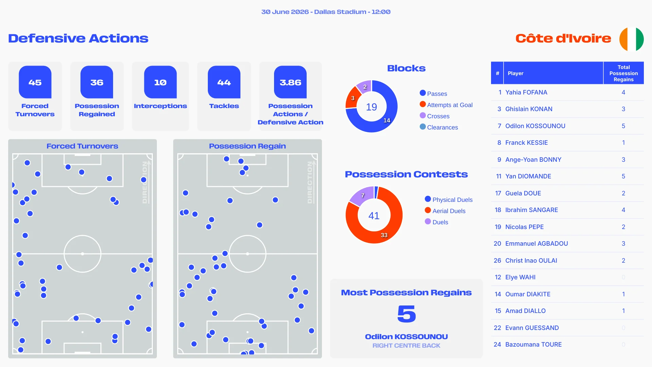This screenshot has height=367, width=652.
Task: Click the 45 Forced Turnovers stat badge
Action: point(35,82)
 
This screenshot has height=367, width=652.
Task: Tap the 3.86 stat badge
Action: point(290,82)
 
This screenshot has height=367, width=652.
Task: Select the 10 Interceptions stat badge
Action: point(160,82)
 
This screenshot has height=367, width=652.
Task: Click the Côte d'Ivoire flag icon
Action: point(631,39)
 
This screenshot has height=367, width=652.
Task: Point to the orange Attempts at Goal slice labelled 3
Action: point(353,98)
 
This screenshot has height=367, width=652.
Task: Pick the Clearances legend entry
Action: point(439,127)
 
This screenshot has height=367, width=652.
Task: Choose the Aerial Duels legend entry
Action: point(445,211)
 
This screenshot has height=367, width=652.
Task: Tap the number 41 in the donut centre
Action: point(374,215)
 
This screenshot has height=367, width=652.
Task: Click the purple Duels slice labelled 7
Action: point(362,195)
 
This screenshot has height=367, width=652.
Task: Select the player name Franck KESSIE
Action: point(526,143)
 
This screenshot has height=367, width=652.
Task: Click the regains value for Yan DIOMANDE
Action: point(623,176)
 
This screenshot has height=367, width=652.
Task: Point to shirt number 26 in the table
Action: point(497,261)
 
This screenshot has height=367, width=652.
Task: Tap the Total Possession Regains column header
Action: point(623,73)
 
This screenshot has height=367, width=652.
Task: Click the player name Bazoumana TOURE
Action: point(533,345)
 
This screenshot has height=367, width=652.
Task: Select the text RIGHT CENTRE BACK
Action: point(406,346)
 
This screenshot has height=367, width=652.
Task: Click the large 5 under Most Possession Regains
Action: point(406,314)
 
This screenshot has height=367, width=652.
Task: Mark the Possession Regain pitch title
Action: point(247,146)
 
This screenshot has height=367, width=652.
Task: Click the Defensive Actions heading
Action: point(78,38)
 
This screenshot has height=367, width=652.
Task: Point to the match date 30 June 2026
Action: point(285,12)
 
